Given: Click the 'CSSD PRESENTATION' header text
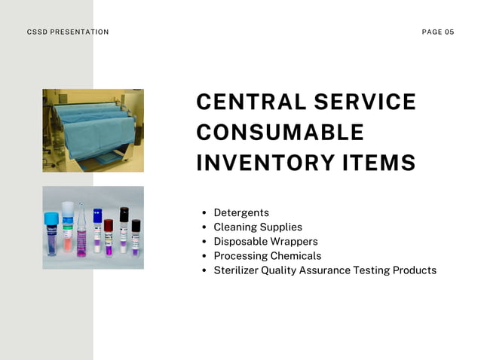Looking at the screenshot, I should (x=68, y=32).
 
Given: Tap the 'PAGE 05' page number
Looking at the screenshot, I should (x=438, y=32).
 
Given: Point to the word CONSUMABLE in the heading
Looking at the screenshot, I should (x=280, y=133).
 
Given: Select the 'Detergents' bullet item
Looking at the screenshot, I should (x=241, y=213).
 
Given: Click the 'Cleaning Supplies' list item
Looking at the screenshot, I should (x=258, y=227).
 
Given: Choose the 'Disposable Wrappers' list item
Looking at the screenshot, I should (x=265, y=242).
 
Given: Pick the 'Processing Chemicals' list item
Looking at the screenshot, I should (x=267, y=256).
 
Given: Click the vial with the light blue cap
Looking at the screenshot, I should (x=51, y=232).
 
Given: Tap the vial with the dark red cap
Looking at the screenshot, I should (x=109, y=236).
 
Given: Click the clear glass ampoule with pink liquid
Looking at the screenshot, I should (x=81, y=233).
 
